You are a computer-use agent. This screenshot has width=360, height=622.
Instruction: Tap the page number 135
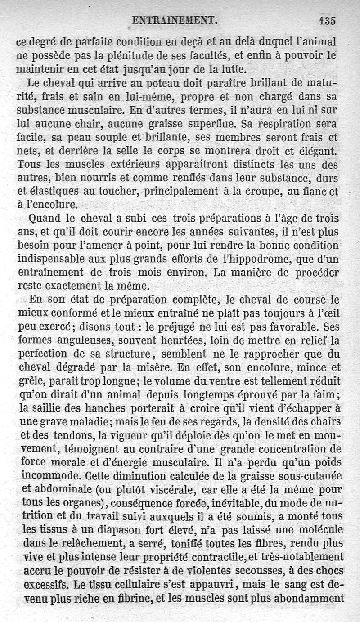point(327,20)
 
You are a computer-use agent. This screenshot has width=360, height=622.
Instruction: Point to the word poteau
point(173,83)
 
